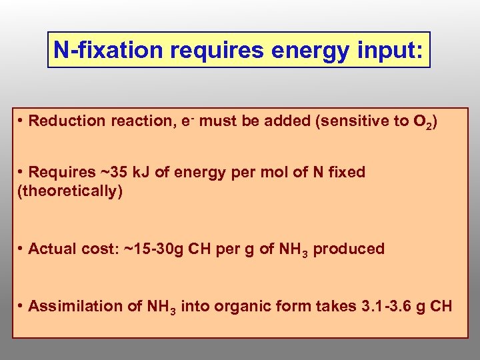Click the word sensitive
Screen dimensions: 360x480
click(353, 121)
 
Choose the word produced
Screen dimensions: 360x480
click(349, 249)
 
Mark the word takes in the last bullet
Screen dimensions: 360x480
click(334, 306)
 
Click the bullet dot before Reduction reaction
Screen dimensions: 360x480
click(22, 121)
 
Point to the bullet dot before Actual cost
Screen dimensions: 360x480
click(22, 249)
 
